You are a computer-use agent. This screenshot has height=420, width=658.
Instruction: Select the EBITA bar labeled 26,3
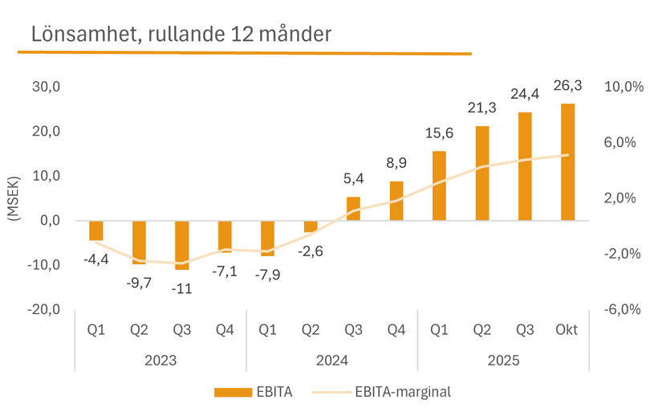[x=567, y=161]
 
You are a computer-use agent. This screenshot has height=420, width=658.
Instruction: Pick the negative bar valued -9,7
[x=140, y=242]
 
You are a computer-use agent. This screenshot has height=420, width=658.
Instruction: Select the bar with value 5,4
[x=353, y=208]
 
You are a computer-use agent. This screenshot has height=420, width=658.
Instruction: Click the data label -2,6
[x=311, y=252]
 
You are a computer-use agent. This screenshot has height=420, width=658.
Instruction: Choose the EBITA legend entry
[x=254, y=391]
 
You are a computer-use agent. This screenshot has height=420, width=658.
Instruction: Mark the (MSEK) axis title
[x=14, y=198]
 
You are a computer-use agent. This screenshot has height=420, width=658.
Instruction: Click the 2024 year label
[x=332, y=361]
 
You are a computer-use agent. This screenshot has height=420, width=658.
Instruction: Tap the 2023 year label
[x=160, y=361]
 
